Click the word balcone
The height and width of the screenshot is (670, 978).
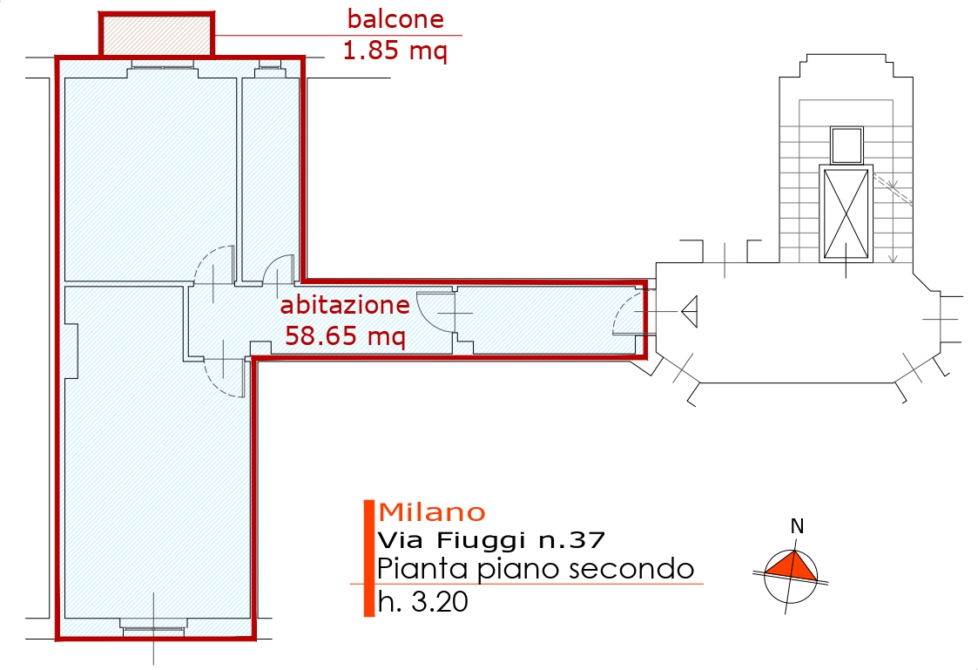click(395, 18)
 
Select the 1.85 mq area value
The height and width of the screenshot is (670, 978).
click(395, 51)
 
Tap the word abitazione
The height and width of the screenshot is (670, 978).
click(344, 306)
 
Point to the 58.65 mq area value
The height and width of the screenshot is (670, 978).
click(346, 335)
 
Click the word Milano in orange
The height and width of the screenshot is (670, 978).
click(432, 511)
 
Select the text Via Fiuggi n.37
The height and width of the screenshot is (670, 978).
click(491, 540)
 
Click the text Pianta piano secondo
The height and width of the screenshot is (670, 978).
click(536, 569)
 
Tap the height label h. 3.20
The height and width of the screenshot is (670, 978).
click(423, 602)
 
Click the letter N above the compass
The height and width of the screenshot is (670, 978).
click(796, 526)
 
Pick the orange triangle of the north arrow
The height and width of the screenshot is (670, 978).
click(792, 566)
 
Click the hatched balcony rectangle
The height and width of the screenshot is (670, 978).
click(157, 35)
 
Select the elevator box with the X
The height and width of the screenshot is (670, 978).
click(846, 213)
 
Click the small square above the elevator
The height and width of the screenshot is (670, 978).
click(846, 145)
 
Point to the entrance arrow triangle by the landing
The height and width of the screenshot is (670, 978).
click(690, 309)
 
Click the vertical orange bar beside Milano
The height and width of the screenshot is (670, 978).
click(368, 558)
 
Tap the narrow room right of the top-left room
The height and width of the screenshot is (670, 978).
click(270, 174)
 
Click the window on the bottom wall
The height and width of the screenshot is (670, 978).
click(153, 626)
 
